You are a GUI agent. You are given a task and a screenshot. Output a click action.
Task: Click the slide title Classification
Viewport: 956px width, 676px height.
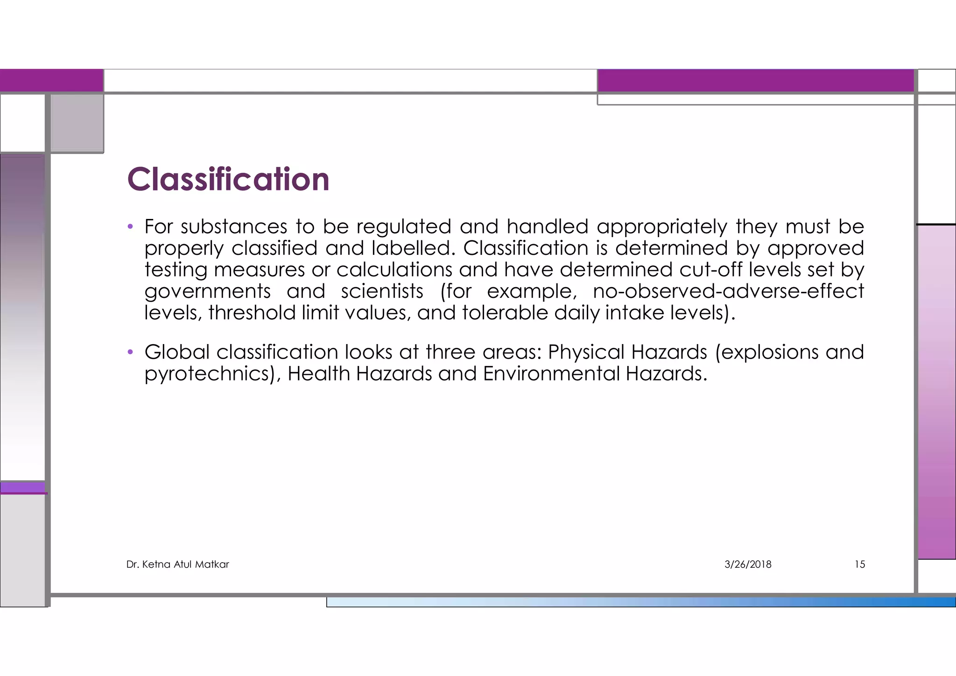[x=228, y=180]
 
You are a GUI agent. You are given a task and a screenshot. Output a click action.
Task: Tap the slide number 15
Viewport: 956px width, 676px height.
[x=859, y=564]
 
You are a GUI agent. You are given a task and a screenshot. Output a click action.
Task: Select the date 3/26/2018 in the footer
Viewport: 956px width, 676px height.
[x=748, y=564]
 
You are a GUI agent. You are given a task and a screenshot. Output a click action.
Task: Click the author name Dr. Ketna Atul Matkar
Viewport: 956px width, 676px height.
[x=178, y=564]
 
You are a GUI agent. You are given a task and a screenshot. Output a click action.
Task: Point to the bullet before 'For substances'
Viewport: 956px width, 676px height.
[x=131, y=227]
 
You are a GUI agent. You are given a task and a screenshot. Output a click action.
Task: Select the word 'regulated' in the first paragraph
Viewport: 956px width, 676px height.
[x=404, y=227]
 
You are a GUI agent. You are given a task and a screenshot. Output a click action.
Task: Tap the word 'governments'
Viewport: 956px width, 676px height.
[x=208, y=292]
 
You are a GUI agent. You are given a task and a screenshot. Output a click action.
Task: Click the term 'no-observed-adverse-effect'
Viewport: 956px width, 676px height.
[x=728, y=291]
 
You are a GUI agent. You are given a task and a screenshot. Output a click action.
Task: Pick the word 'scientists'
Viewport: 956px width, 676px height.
[x=382, y=291]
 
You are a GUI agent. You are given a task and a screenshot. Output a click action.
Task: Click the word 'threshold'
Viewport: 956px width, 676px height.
[x=252, y=313]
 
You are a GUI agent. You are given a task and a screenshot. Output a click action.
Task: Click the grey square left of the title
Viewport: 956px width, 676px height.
[x=77, y=123]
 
